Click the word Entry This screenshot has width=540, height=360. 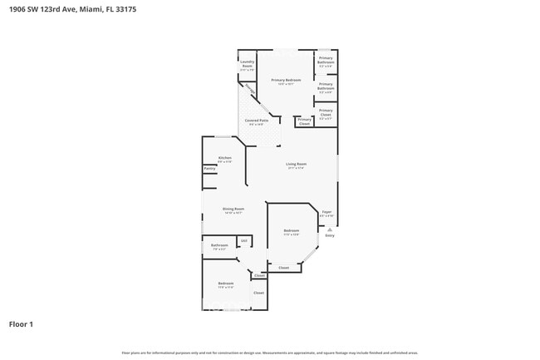330,236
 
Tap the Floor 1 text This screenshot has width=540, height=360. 22,325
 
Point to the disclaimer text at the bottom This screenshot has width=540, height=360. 270,352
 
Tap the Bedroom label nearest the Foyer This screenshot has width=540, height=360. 290,232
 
